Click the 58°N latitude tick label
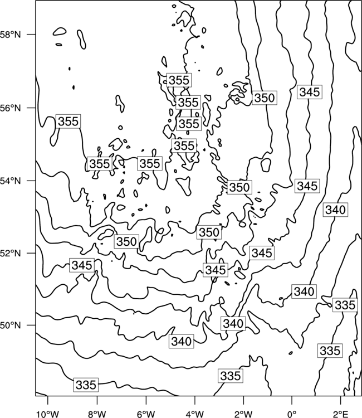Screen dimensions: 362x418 (10, 35)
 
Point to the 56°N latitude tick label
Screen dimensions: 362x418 (10, 108)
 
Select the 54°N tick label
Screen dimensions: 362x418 (10, 181)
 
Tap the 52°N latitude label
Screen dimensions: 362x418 (10, 252)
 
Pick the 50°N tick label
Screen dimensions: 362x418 (10, 325)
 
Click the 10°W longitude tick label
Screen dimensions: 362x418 (48, 414)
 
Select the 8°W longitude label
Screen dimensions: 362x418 (97, 414)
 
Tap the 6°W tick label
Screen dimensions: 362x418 (146, 414)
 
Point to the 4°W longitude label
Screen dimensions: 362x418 (195, 414)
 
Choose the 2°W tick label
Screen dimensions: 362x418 (243, 414)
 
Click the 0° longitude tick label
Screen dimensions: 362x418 (292, 414)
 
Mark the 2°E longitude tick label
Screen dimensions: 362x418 (341, 414)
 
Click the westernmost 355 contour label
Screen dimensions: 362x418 (69, 121)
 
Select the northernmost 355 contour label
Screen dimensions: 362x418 (179, 80)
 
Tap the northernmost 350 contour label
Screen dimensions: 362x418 (264, 98)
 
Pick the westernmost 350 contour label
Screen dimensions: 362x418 (126, 241)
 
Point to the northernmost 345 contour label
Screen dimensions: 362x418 (310, 92)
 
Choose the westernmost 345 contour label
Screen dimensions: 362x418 (82, 265)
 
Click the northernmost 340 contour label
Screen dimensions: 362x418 (335, 210)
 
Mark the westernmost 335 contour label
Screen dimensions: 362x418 (86, 385)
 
